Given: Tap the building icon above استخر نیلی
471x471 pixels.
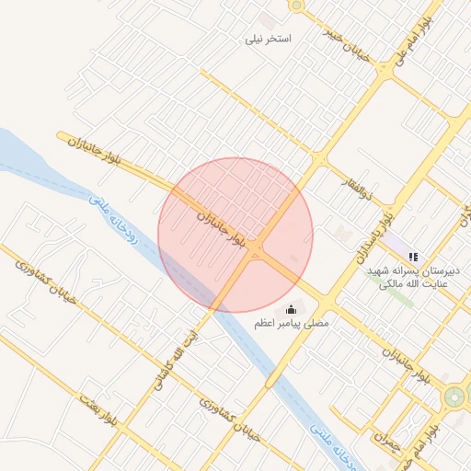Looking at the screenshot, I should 268,19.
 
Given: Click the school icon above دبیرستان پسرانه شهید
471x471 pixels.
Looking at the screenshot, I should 413,257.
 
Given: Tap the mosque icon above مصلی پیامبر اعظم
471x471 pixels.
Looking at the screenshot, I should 293,309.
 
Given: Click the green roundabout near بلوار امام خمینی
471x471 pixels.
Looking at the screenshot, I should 454,397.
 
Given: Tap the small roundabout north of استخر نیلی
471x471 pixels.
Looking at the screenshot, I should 296,5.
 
